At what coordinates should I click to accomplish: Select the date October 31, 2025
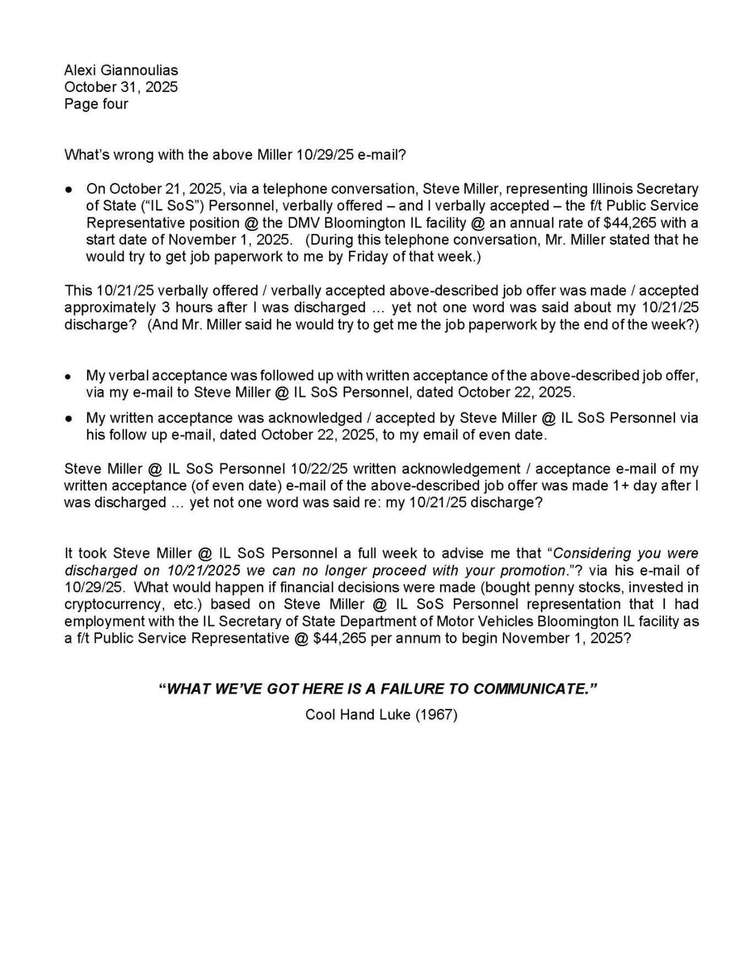(121, 87)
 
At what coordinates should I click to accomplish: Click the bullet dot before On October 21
(68, 189)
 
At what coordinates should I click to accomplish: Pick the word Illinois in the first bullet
(611, 189)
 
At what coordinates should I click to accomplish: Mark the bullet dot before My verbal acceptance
(68, 376)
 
